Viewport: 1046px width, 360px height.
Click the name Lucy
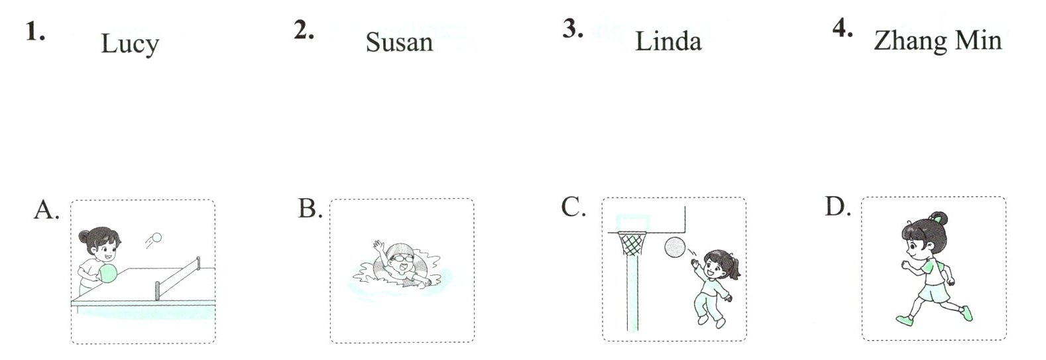[x=130, y=44]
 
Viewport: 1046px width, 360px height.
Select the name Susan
[x=399, y=42]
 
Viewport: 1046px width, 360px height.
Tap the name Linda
[x=668, y=41]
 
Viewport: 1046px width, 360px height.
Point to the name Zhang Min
[x=937, y=41]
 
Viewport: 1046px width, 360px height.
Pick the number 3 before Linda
[x=572, y=29]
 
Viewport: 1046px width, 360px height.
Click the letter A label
[x=46, y=210]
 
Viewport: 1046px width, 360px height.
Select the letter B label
[x=310, y=209]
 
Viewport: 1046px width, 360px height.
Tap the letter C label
[x=573, y=208]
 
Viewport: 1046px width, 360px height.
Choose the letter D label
[x=838, y=207]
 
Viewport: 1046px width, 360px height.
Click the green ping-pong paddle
[x=107, y=272]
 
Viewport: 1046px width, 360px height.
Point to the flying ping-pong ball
[x=156, y=237]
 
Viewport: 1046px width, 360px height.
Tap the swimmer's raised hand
[x=379, y=248]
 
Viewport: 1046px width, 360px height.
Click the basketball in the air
[x=675, y=247]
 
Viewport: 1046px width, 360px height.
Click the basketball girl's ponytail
[x=734, y=266]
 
